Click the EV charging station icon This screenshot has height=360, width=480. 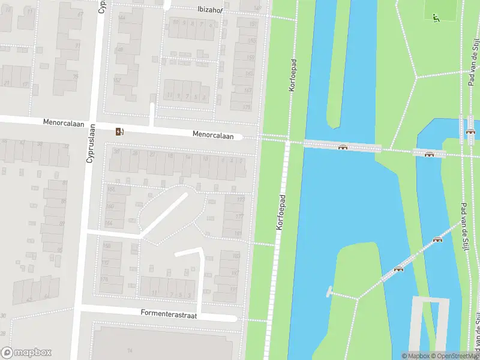120,132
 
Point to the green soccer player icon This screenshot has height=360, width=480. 436,17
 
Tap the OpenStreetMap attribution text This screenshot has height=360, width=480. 454,356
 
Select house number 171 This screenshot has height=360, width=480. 247,107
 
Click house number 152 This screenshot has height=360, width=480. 117,80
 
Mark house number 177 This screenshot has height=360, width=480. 239,217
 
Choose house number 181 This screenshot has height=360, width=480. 238,233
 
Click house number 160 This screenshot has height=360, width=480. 110,206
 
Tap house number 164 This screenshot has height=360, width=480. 109,223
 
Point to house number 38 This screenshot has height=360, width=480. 118,152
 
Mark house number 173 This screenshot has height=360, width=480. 241,200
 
